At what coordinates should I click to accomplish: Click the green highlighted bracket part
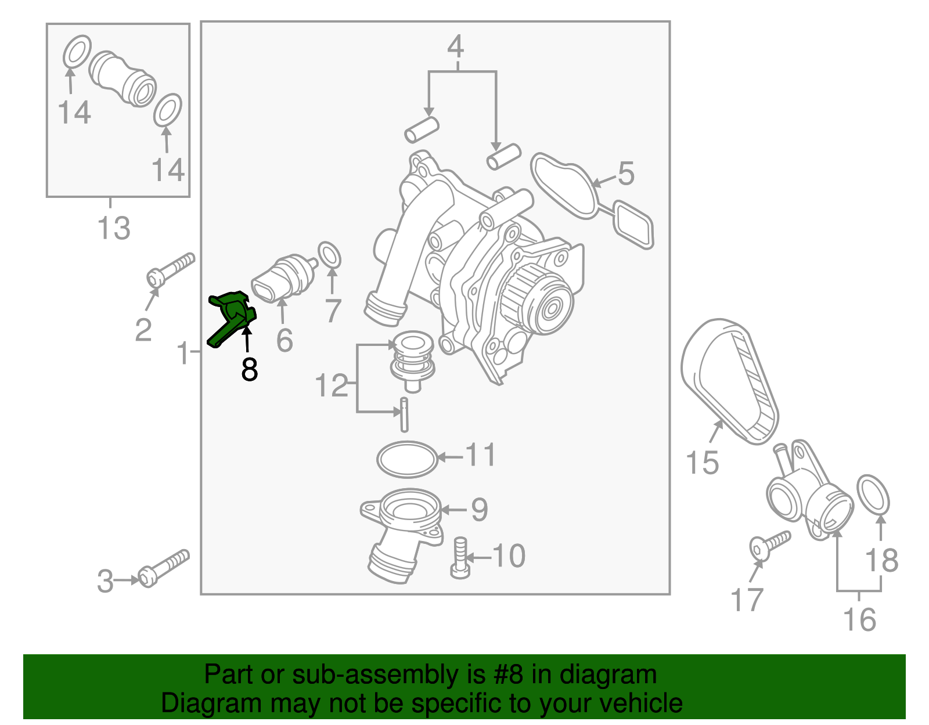231,316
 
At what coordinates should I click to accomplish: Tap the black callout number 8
250,370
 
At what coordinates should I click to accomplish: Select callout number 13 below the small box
114,228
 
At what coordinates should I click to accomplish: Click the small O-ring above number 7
330,255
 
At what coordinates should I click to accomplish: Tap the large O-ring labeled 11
407,459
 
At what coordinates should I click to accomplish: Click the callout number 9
479,510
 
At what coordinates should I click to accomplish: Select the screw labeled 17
769,544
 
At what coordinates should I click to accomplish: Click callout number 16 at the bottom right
859,619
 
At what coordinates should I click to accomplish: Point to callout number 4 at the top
456,46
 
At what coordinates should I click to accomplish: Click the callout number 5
626,174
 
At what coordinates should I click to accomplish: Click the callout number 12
331,385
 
